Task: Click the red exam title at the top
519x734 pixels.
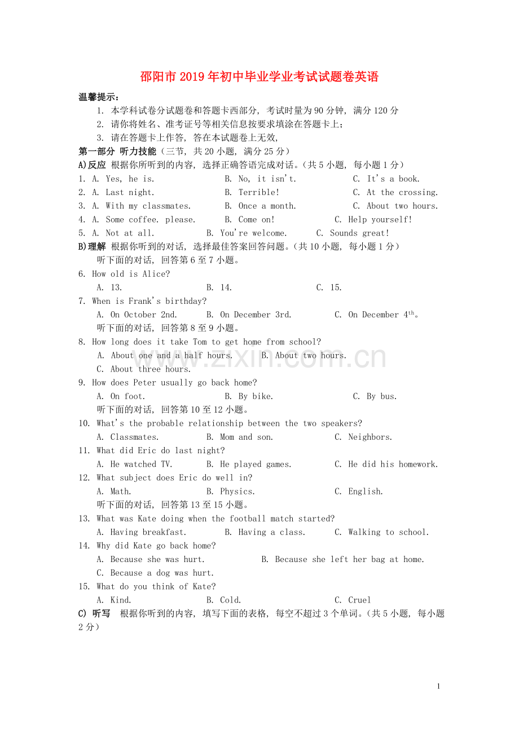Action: coord(259,77)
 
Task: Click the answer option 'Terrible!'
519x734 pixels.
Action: coord(259,192)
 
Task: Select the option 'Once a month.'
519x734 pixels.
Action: coord(267,206)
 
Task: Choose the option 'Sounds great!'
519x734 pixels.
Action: coord(359,233)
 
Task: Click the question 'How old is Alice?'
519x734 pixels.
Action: coord(131,274)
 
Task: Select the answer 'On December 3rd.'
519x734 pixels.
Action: coord(256,315)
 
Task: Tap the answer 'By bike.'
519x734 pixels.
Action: coord(256,396)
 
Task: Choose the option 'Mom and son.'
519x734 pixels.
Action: coord(247,437)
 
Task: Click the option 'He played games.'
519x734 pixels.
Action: coord(256,465)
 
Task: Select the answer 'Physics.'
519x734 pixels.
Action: coord(237,492)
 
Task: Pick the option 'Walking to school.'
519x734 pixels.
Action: coord(388,532)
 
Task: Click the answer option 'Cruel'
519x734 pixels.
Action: coord(359,600)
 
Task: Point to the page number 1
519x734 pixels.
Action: coord(438,686)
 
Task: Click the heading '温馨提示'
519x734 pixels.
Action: coord(98,97)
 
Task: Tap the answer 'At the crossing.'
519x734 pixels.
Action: coord(402,192)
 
